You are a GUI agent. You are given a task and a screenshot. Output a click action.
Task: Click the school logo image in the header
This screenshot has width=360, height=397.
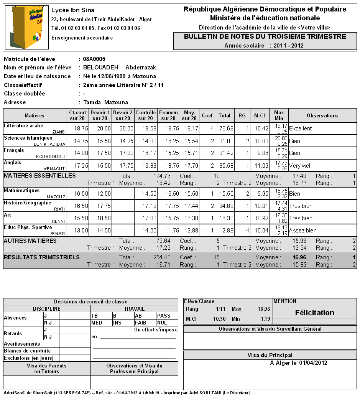click(x=26, y=27)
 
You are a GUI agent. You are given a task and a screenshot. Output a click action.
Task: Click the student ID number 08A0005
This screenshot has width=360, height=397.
click(x=94, y=59)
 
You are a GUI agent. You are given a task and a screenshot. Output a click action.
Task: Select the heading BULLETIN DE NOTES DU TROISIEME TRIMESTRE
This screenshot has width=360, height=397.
click(x=265, y=37)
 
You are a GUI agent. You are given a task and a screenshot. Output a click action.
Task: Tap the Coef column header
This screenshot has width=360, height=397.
click(x=207, y=115)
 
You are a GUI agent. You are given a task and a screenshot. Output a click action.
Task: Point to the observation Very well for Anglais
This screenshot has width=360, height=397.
click(x=301, y=166)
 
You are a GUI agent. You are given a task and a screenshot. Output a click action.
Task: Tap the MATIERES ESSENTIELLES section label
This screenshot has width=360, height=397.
click(x=39, y=176)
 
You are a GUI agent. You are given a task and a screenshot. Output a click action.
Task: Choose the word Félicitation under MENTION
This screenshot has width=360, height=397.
click(x=314, y=313)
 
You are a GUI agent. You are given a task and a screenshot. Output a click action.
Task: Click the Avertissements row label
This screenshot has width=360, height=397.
click(x=22, y=344)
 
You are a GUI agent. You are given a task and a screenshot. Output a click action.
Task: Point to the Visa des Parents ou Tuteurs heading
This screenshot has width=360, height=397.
click(x=47, y=369)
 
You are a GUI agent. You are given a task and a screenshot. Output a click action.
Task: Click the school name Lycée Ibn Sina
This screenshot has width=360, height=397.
click(x=72, y=10)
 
